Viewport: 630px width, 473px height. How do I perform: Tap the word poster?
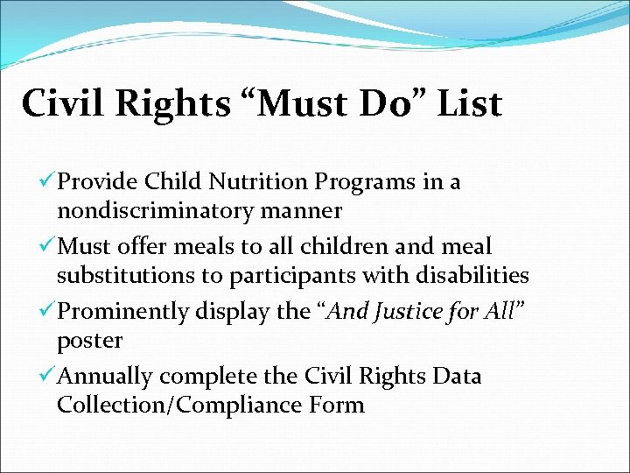point(89,341)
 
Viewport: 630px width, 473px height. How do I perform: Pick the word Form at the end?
point(337,406)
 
